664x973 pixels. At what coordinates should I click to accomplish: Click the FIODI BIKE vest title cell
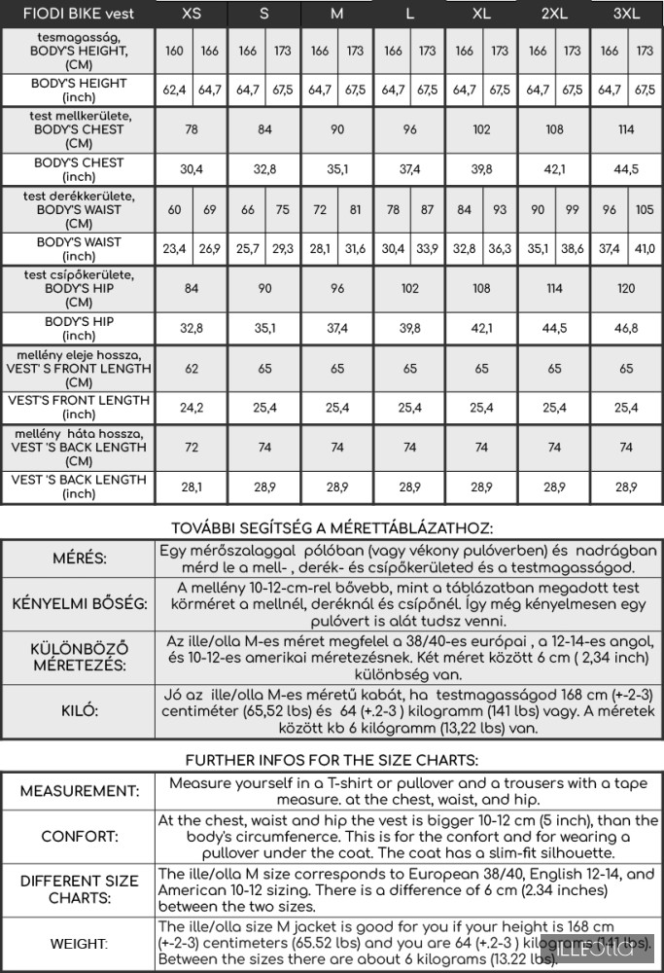78,14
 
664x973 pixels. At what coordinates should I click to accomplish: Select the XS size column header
192,14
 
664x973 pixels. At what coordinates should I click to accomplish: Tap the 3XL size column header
627,14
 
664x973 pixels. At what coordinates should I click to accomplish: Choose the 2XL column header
554,14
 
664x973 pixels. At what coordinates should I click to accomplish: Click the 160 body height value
174,51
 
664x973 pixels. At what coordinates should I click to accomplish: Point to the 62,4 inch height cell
174,90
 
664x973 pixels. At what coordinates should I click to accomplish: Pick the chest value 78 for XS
192,129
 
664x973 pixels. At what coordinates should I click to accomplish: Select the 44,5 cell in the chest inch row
627,169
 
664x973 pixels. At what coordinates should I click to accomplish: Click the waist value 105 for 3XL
645,209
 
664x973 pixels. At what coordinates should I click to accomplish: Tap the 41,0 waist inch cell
645,249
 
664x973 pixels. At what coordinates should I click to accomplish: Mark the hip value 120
627,289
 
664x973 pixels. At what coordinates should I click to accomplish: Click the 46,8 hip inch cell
627,328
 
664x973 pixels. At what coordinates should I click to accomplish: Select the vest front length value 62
192,369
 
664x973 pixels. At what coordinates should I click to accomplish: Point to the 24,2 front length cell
192,408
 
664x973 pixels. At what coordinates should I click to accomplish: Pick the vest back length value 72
192,448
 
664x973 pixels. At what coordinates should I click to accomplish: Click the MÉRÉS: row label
79,559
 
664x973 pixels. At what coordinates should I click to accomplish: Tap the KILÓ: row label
79,711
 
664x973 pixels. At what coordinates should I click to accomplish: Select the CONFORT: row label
79,837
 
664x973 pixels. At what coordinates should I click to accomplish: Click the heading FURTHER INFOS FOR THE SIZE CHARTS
332,759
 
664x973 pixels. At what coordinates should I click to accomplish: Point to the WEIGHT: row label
79,944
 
